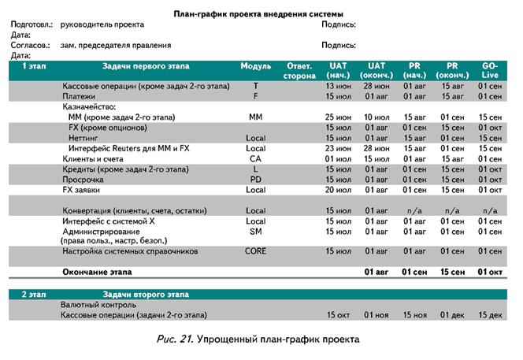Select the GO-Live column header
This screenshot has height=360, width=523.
pyautogui.click(x=491, y=70)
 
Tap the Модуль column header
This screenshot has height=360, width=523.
pyautogui.click(x=255, y=65)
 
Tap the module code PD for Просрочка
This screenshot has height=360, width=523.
pyautogui.click(x=255, y=179)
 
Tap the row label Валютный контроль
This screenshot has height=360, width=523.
pyautogui.click(x=95, y=304)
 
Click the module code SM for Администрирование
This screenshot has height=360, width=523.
pyautogui.click(x=255, y=232)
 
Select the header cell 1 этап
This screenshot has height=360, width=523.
pyautogui.click(x=34, y=65)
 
